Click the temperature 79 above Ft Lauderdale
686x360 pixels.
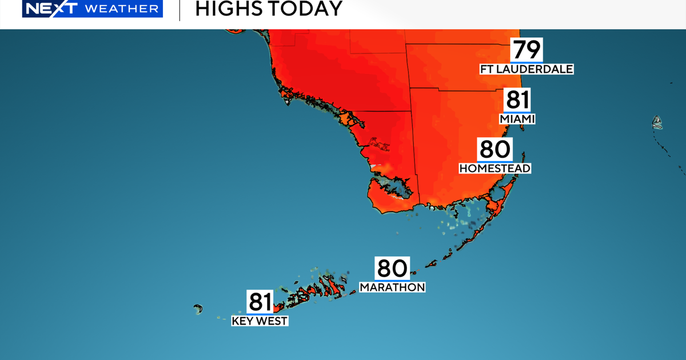pos(526,50)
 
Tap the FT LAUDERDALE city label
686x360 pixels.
pos(526,69)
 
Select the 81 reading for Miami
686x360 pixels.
pos(517,101)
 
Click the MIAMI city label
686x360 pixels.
pos(517,119)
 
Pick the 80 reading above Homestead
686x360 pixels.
pos(494,150)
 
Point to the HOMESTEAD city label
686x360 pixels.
pos(495,168)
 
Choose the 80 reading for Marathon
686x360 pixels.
pos(392,269)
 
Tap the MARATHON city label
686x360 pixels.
pos(392,287)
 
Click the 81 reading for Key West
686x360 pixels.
pos(260,302)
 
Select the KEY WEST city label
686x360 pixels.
pos(260,321)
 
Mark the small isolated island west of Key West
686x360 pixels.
pos(198,309)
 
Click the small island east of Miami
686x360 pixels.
pos(657,121)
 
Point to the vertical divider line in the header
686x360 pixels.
pos(180,10)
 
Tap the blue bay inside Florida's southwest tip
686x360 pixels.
pos(394,187)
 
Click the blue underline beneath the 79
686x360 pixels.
pos(526,62)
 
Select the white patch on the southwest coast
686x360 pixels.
pos(375,166)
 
